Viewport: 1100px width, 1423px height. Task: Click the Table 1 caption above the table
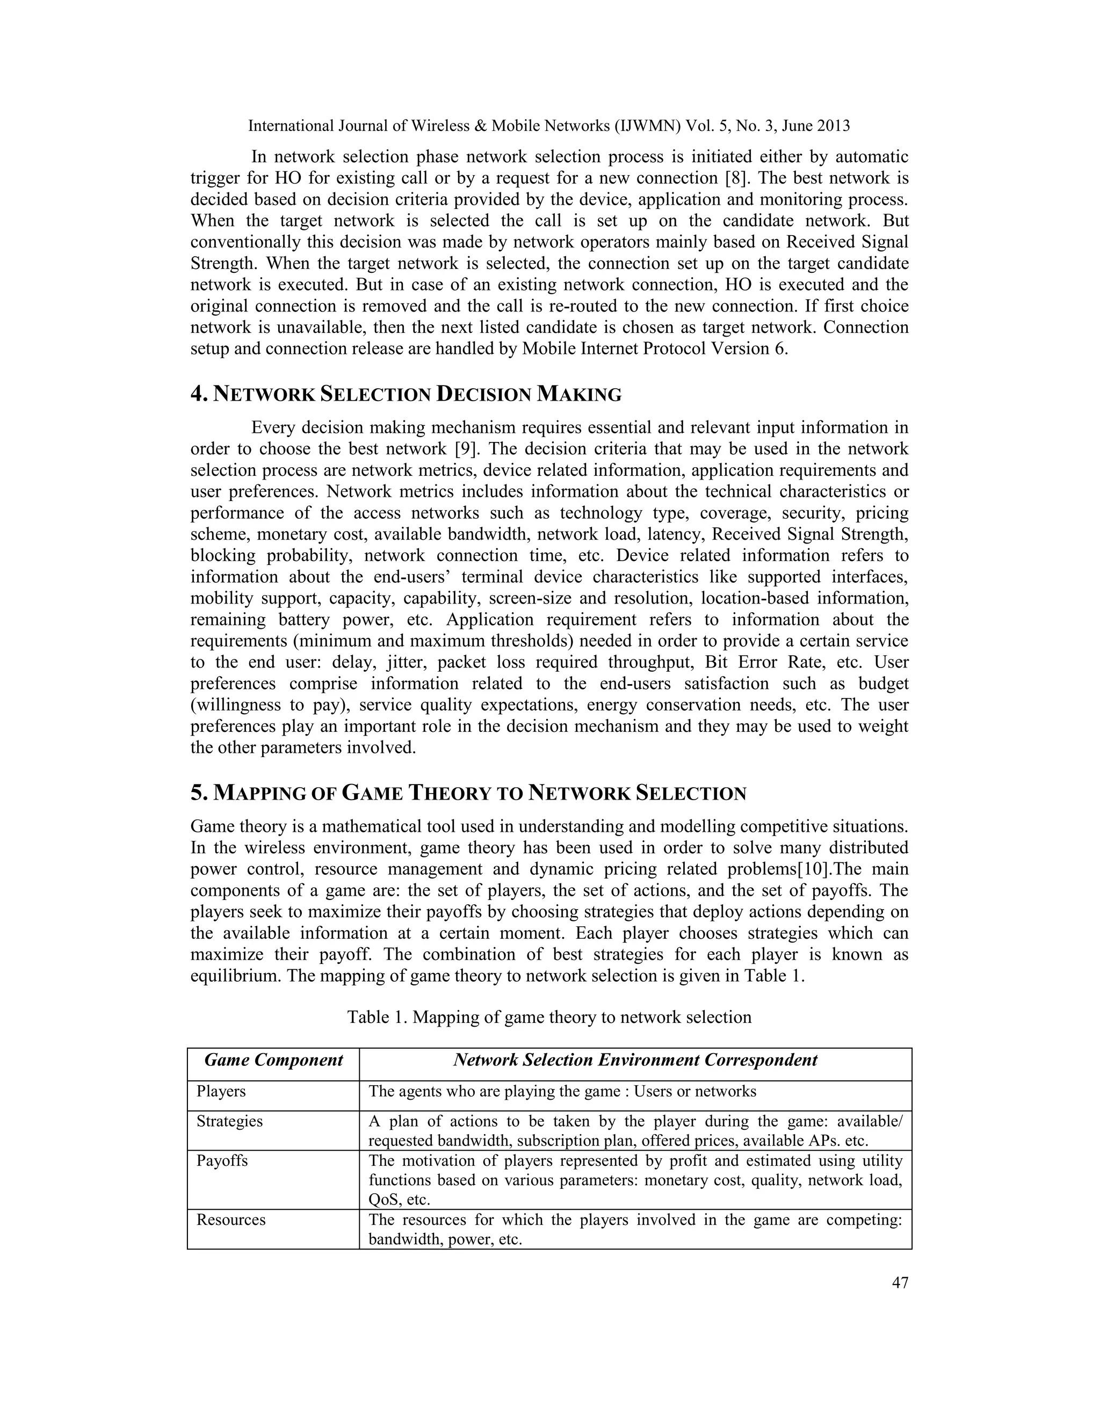pos(549,1017)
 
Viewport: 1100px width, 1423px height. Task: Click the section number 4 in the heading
pos(198,394)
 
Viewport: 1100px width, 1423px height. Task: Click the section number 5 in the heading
pos(198,793)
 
